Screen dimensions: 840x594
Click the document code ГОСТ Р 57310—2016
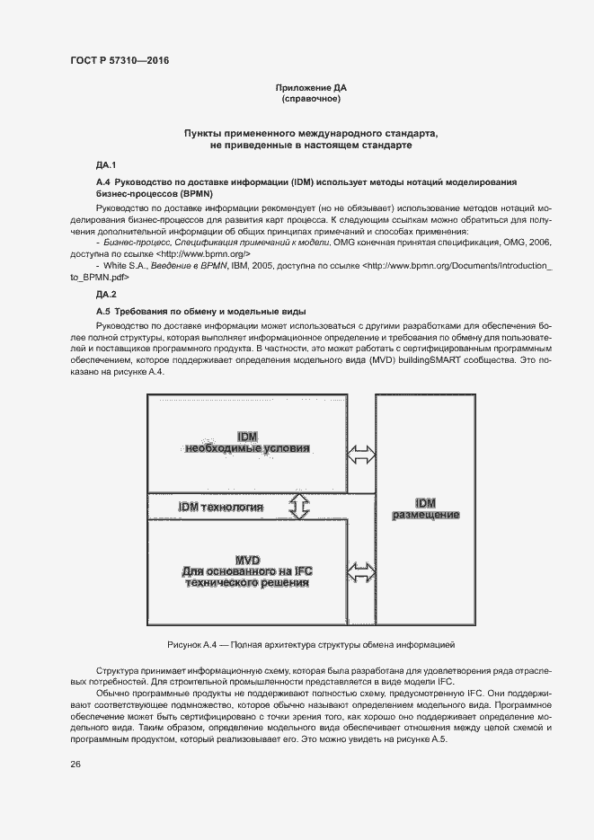(120, 61)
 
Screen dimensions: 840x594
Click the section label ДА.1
(106, 165)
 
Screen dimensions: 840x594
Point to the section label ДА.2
(106, 295)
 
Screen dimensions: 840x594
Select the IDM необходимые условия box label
(247, 441)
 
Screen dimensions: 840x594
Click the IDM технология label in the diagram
(221, 508)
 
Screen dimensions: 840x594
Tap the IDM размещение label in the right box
(425, 508)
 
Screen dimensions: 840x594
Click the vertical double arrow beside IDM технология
(300, 508)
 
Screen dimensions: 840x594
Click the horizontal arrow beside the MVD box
(363, 571)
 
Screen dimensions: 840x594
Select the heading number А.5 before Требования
(102, 311)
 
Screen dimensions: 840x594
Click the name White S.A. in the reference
(126, 267)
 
